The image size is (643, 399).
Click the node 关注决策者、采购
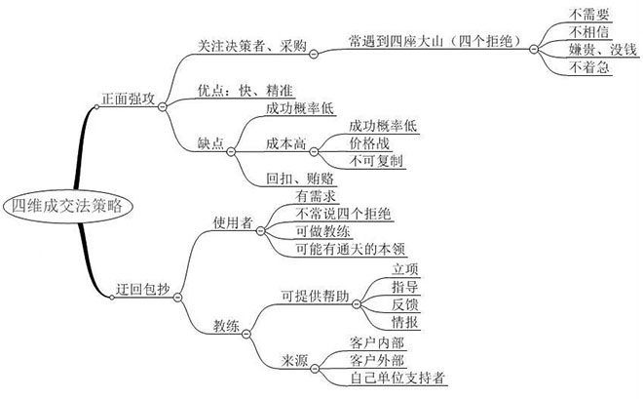[239, 45]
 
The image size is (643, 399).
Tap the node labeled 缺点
[211, 143]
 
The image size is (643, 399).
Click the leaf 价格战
[369, 143]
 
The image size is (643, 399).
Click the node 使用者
[233, 222]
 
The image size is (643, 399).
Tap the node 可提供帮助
[314, 294]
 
